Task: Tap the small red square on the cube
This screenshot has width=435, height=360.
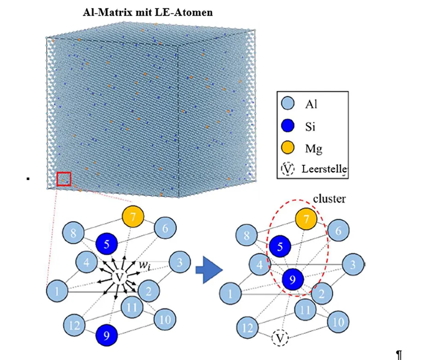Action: tap(64, 179)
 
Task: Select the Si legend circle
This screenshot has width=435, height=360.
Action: tap(287, 125)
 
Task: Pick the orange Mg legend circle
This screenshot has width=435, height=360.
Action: tap(287, 148)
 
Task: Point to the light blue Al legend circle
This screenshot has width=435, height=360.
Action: tap(287, 103)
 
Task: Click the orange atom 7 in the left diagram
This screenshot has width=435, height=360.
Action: tap(133, 216)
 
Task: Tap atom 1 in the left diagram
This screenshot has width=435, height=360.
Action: tap(57, 291)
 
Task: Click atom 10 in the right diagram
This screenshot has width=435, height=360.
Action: tap(338, 322)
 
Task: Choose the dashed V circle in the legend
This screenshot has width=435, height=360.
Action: tap(287, 170)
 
